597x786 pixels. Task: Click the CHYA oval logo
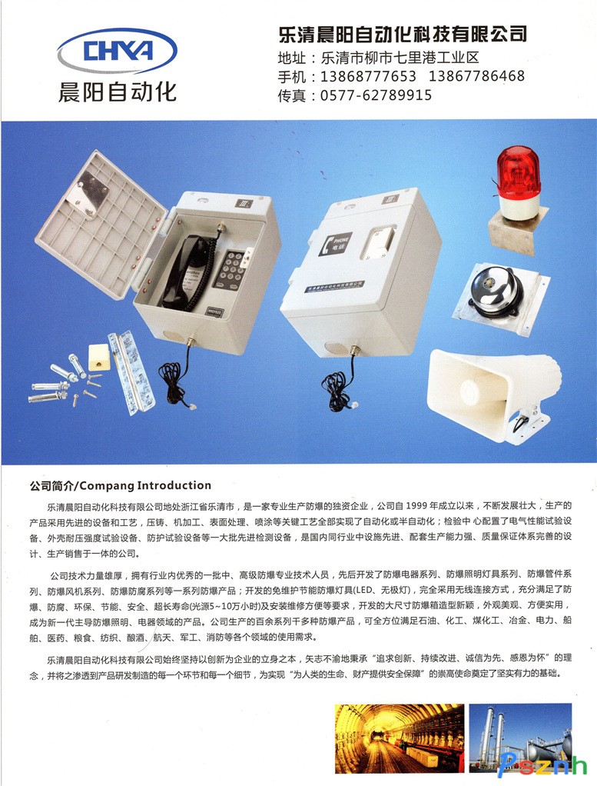[118, 51]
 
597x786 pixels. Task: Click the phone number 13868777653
[368, 76]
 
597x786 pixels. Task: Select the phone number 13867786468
[477, 75]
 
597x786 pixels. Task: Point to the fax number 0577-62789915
[376, 95]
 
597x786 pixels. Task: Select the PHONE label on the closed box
[334, 244]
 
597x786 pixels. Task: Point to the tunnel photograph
[400, 738]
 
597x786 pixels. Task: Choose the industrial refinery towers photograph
[520, 738]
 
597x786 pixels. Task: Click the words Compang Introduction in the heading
[145, 485]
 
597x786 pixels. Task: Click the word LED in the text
[364, 590]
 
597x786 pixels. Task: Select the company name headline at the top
[403, 34]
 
